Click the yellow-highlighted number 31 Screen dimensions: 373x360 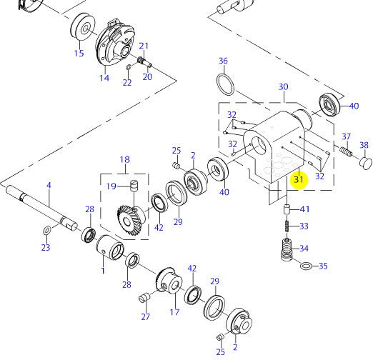click(x=299, y=179)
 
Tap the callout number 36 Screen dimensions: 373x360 click(x=223, y=61)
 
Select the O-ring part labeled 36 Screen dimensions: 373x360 click(x=225, y=84)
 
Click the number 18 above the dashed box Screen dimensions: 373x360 click(x=125, y=159)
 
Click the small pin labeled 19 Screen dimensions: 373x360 click(x=134, y=185)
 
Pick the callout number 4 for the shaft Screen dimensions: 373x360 click(x=49, y=185)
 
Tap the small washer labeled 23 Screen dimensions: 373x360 click(x=47, y=230)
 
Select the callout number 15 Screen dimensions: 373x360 click(x=79, y=53)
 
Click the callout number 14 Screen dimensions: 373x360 click(x=104, y=78)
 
